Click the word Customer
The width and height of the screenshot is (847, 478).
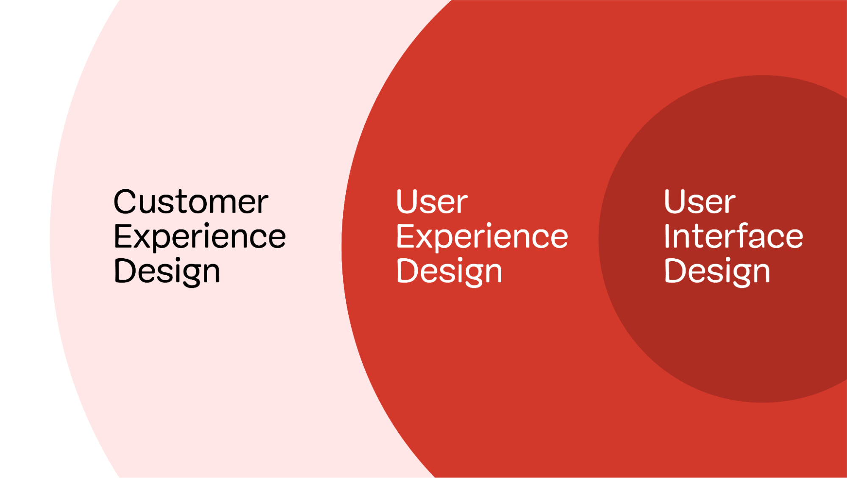(191, 202)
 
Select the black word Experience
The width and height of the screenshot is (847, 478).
(200, 237)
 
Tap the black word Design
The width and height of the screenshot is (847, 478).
(167, 271)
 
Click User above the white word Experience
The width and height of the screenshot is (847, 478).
(431, 202)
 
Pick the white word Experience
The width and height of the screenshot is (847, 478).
(482, 237)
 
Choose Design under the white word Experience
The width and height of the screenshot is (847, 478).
(449, 271)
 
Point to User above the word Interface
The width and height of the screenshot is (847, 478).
(700, 202)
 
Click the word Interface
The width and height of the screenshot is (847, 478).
(733, 236)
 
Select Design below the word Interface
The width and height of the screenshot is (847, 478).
(717, 271)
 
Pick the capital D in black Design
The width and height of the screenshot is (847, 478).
(126, 271)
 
